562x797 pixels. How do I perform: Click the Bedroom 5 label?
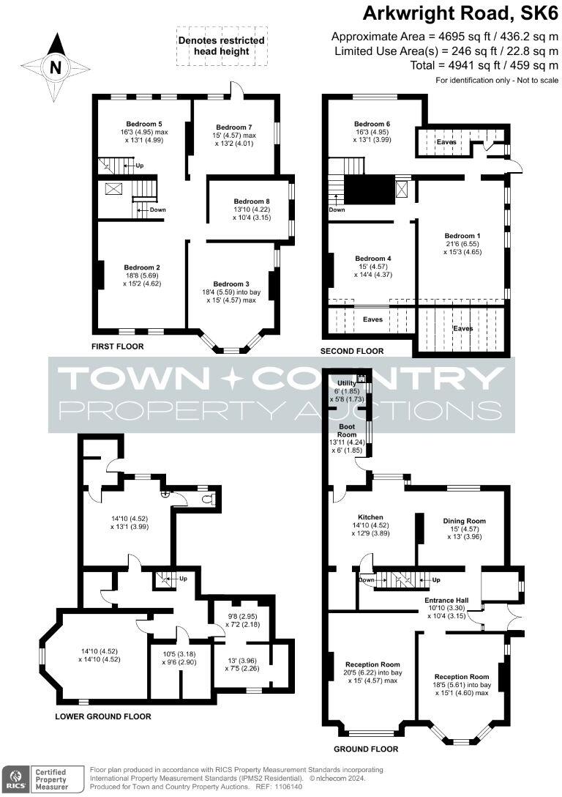coord(143,124)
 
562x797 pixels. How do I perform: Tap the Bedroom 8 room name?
coord(252,201)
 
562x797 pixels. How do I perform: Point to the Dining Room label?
coord(464,521)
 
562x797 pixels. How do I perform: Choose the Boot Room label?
coord(348,430)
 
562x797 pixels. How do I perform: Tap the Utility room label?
coord(347,383)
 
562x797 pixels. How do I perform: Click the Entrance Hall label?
coord(447,600)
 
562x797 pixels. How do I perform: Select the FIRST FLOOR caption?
coord(118,346)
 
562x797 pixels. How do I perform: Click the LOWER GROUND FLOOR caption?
coord(103,716)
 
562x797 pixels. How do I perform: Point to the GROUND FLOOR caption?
coord(366,749)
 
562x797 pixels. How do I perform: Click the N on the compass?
coord(56,68)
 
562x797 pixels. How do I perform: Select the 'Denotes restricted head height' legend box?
coord(222,45)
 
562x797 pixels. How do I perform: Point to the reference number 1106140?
coord(285,786)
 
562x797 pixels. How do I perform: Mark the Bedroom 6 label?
coord(372,124)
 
